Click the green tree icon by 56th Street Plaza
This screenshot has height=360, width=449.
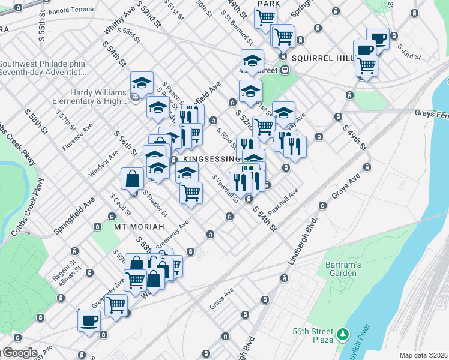(343, 333)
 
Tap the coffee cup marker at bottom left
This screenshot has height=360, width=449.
(89, 320)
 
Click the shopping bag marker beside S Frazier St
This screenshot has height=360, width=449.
(132, 178)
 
